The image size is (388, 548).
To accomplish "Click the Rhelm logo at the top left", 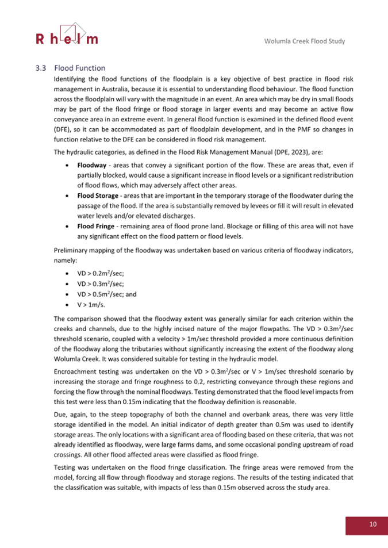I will tap(67, 34).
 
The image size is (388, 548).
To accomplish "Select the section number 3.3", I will tap(41, 68).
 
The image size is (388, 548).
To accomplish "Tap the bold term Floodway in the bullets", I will tap(92, 165).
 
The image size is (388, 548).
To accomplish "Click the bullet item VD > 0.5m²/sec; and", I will tap(104, 294).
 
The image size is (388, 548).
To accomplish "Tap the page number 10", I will tap(366, 524).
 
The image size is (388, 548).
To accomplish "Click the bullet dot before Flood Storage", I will tap(68, 196).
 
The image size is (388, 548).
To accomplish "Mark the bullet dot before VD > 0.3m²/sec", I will tap(68, 284).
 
